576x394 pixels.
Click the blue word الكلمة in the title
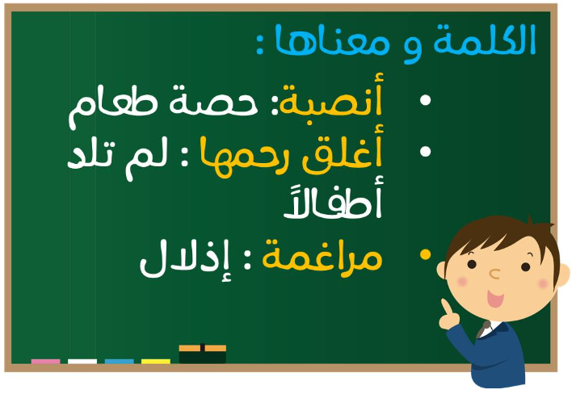click(485, 40)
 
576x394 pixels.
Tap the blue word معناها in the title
click(333, 40)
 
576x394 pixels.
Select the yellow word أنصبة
click(331, 99)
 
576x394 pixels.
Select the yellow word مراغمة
click(322, 256)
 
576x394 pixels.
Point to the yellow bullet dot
click(426, 254)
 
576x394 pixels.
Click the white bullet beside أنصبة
click(426, 100)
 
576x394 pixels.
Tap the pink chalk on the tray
click(45, 362)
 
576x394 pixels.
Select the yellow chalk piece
click(156, 362)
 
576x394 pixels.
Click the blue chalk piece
click(119, 362)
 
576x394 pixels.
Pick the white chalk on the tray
click(82, 362)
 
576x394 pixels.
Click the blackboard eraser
click(203, 354)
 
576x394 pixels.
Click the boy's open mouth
click(495, 299)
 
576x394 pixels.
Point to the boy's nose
click(495, 274)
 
